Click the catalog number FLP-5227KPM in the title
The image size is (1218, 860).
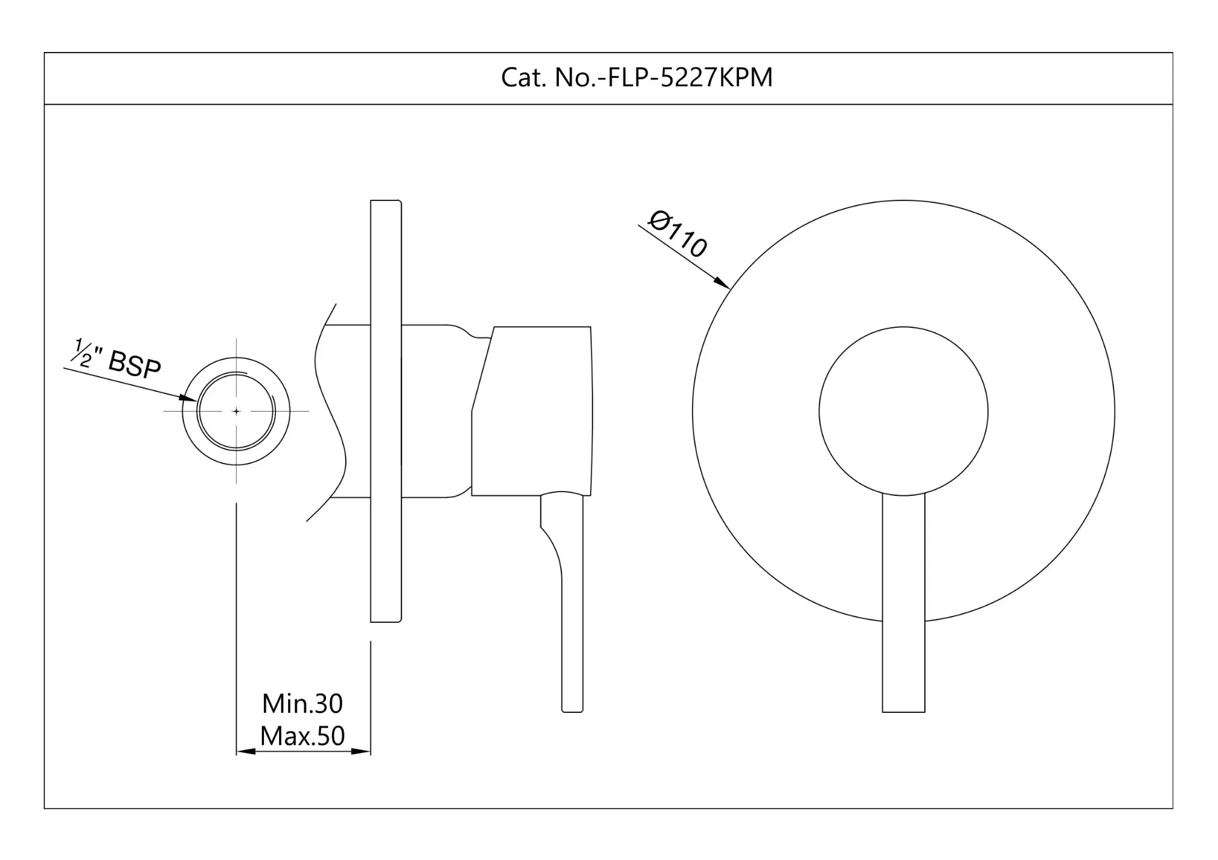point(690,77)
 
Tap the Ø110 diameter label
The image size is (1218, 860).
point(678,235)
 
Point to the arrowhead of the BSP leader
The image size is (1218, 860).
point(188,398)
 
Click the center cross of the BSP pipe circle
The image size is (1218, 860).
point(237,411)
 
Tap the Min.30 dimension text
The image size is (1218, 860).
point(303,703)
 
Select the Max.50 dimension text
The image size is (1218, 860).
point(303,736)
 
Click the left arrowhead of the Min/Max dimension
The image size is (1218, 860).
point(246,752)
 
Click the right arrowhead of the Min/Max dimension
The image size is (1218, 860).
point(361,752)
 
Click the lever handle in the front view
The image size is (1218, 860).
point(903,603)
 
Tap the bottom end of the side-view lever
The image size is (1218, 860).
point(572,712)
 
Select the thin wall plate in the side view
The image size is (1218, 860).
point(386,411)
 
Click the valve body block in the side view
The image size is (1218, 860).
point(532,411)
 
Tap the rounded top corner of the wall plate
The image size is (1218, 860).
point(400,202)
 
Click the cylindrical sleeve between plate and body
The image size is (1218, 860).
point(436,411)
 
